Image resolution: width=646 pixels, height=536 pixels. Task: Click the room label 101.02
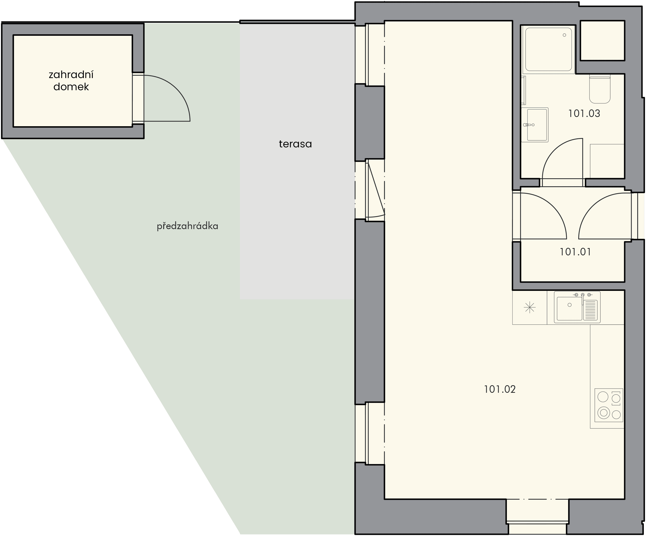click(x=500, y=390)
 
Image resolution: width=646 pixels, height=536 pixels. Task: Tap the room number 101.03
click(x=584, y=114)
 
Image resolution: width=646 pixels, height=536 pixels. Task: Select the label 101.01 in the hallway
click(x=575, y=252)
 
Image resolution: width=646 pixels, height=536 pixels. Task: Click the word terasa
click(x=295, y=144)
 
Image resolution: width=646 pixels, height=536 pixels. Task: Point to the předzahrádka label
click(x=187, y=226)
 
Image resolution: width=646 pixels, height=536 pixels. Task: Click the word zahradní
click(x=71, y=75)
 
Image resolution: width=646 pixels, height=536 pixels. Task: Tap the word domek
click(x=71, y=87)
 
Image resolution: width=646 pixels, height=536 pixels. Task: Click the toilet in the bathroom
click(x=599, y=89)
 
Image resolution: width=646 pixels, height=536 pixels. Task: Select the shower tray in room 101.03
click(x=549, y=49)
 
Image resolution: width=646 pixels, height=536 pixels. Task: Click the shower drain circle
click(x=564, y=35)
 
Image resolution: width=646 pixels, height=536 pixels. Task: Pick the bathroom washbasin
click(x=535, y=125)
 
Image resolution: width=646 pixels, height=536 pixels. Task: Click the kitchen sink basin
click(x=570, y=308)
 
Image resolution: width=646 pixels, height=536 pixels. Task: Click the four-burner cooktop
click(x=609, y=405)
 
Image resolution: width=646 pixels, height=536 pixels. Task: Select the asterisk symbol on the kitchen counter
click(x=529, y=307)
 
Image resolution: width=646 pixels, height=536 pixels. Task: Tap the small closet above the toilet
click(x=602, y=40)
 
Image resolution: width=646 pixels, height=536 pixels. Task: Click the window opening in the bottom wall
click(x=537, y=516)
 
